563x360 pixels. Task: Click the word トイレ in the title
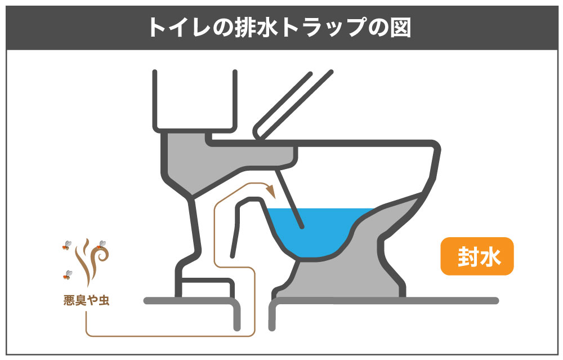[x=179, y=27]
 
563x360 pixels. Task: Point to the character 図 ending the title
[x=400, y=27]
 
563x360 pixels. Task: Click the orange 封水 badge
[x=477, y=256]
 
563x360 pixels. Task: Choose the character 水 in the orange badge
[x=490, y=256]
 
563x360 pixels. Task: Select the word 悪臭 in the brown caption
[x=75, y=300]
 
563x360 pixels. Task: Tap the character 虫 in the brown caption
[x=104, y=300]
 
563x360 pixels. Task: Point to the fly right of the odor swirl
[x=101, y=245]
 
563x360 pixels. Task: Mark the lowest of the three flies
[x=67, y=275]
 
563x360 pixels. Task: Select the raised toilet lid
[x=293, y=105]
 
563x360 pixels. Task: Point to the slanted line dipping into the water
[x=289, y=199]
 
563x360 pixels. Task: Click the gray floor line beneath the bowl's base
[x=383, y=301]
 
